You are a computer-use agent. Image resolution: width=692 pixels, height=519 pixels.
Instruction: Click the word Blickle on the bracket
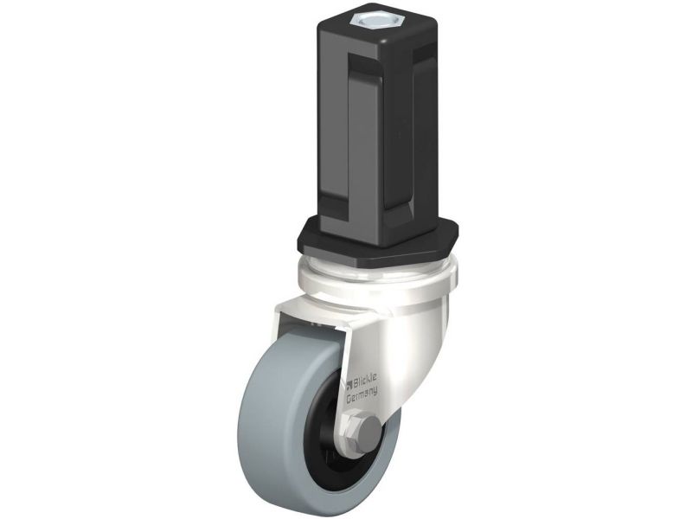click(x=365, y=379)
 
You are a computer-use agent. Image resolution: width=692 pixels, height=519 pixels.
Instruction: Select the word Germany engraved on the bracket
click(x=362, y=394)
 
